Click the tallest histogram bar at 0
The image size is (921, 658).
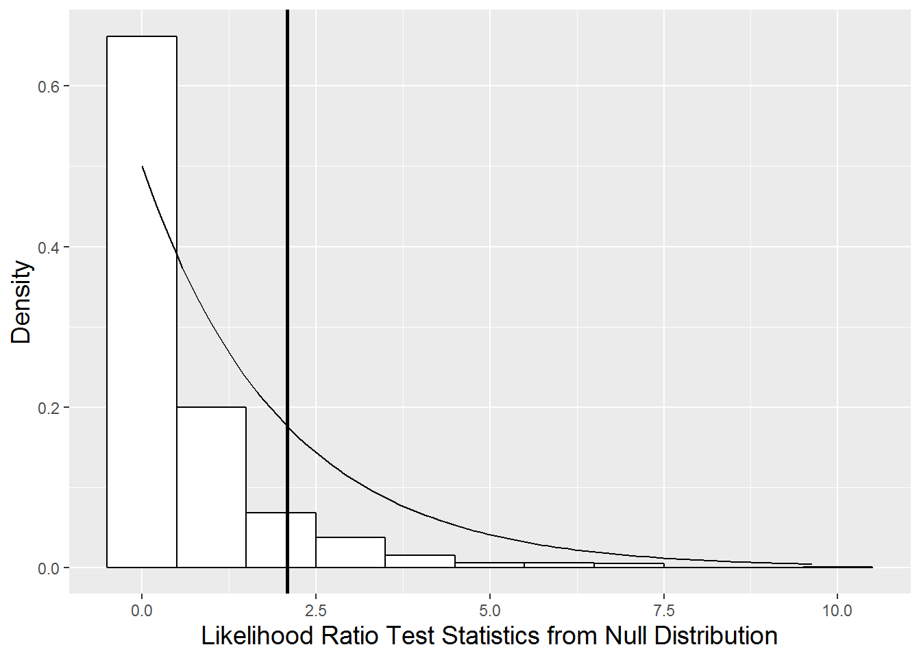(142, 302)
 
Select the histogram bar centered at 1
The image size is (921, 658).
(211, 487)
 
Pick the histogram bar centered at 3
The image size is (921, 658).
(350, 552)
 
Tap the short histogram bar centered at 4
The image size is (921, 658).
(420, 561)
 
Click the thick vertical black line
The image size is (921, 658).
(287, 206)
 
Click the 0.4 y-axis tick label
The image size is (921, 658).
(49, 247)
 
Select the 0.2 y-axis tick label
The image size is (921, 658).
(49, 408)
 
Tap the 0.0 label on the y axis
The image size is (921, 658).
(49, 568)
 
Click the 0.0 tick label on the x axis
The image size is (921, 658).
(142, 610)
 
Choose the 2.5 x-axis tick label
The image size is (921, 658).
(316, 610)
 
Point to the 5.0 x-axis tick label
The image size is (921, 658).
(490, 610)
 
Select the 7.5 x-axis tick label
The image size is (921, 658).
(663, 610)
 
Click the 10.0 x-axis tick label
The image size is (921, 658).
(837, 610)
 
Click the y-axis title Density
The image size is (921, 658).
(22, 302)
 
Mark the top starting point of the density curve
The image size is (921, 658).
(143, 167)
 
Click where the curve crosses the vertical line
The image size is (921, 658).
(287, 428)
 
